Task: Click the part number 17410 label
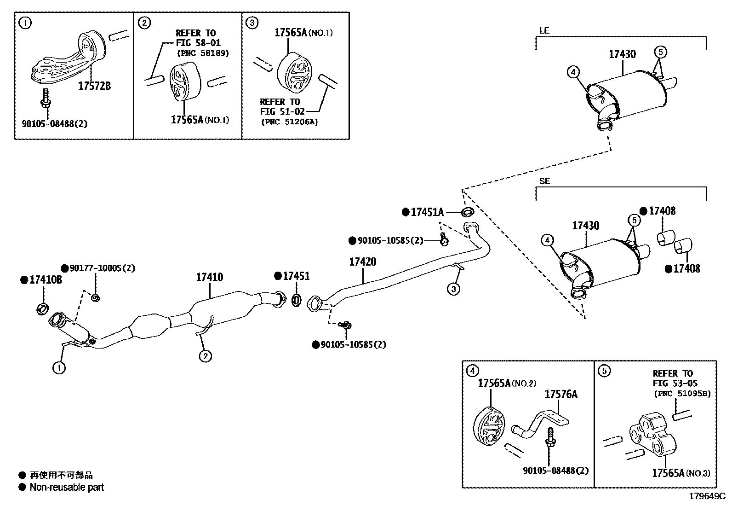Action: [x=209, y=277]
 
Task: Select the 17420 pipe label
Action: [x=362, y=262]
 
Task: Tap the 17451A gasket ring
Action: [x=467, y=212]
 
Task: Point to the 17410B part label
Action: [x=46, y=279]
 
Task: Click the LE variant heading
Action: [x=544, y=31]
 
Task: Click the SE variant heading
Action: [x=544, y=181]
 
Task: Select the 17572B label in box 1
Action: [x=94, y=86]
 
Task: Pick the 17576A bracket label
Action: [x=560, y=394]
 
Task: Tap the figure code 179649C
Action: [x=706, y=497]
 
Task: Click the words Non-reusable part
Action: [x=67, y=487]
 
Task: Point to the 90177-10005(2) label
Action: [x=102, y=268]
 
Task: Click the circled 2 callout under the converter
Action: [x=205, y=355]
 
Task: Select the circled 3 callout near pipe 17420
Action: [x=453, y=289]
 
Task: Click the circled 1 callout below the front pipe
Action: [x=59, y=367]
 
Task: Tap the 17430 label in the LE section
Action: [x=622, y=54]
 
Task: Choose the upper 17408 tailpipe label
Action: [x=662, y=211]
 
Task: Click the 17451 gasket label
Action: [x=296, y=276]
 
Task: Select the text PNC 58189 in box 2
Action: [x=203, y=53]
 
